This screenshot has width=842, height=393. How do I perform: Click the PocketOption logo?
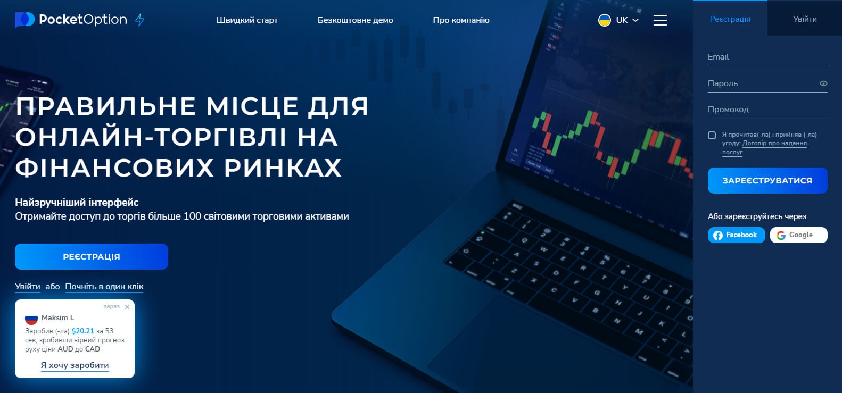click(x=71, y=20)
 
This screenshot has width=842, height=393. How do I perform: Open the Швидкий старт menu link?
click(x=247, y=20)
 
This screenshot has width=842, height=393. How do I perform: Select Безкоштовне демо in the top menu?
click(x=355, y=20)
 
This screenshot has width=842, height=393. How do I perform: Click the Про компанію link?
click(x=461, y=20)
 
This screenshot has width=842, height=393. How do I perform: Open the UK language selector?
click(x=618, y=20)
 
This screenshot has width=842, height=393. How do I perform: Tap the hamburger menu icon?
click(x=660, y=20)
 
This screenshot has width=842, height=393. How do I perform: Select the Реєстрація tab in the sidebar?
click(x=730, y=19)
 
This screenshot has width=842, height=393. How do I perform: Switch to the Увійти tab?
click(x=805, y=19)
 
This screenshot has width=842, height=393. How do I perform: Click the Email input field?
click(x=767, y=57)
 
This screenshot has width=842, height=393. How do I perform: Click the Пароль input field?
click(x=761, y=83)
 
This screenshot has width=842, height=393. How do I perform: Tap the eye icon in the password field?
click(x=823, y=83)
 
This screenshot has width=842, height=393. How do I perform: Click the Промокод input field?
click(x=767, y=110)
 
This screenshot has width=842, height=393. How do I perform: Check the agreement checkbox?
click(x=712, y=135)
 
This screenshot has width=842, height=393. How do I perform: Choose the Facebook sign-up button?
click(x=736, y=235)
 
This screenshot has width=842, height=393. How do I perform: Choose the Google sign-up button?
click(x=798, y=235)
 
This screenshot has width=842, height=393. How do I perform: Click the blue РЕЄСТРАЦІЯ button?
click(x=92, y=257)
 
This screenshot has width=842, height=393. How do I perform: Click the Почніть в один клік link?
click(x=104, y=287)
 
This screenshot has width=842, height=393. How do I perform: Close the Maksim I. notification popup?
click(x=127, y=307)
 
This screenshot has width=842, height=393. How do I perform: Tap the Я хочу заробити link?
click(x=75, y=365)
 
